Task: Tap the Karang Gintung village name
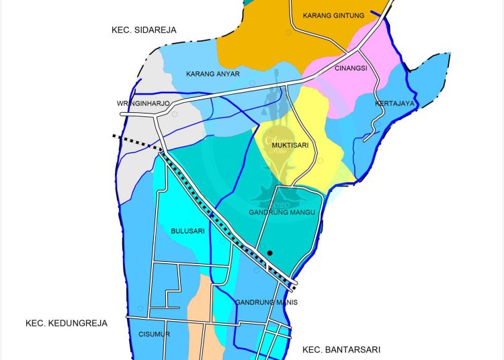pyautogui.click(x=333, y=15)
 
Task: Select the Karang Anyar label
pyautogui.click(x=213, y=74)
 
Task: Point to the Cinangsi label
pyautogui.click(x=351, y=68)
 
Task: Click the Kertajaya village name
pyautogui.click(x=395, y=103)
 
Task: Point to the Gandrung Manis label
pyautogui.click(x=266, y=302)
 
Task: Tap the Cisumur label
pyautogui.click(x=154, y=334)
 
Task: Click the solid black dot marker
pyautogui.click(x=269, y=253)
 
